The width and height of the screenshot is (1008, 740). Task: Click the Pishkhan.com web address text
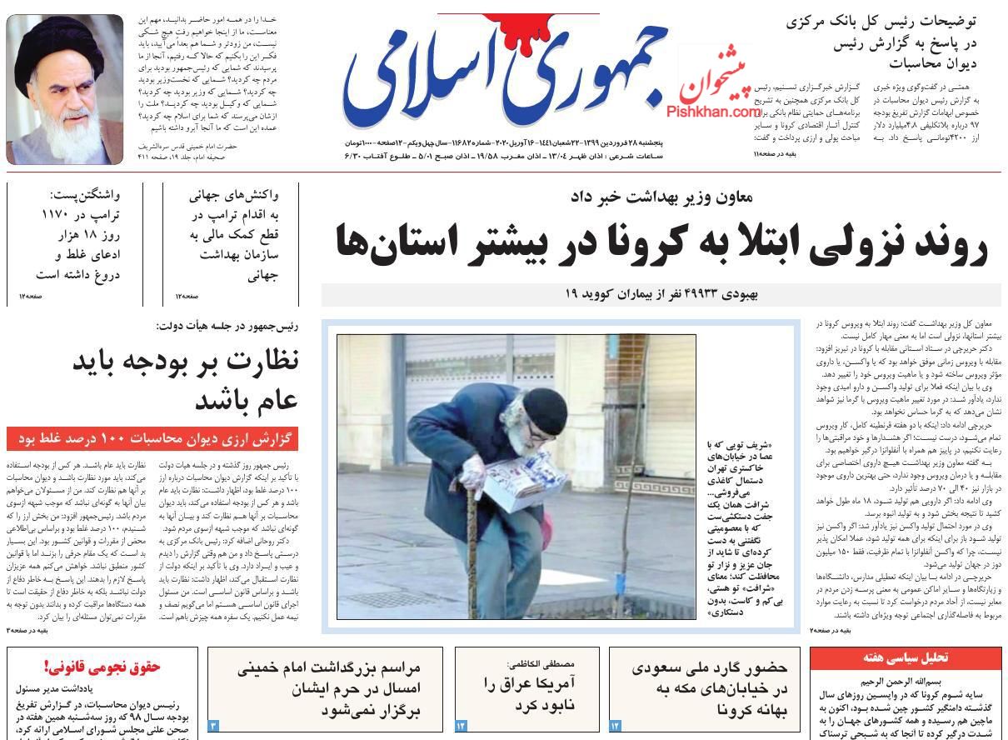(x=713, y=112)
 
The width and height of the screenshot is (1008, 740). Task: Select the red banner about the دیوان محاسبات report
(x=152, y=438)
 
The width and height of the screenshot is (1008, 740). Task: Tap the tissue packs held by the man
(x=521, y=483)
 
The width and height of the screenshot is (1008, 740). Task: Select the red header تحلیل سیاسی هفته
(x=906, y=658)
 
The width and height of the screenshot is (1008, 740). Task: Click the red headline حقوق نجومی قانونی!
(x=102, y=667)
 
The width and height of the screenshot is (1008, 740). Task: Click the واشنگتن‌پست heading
(x=85, y=195)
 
